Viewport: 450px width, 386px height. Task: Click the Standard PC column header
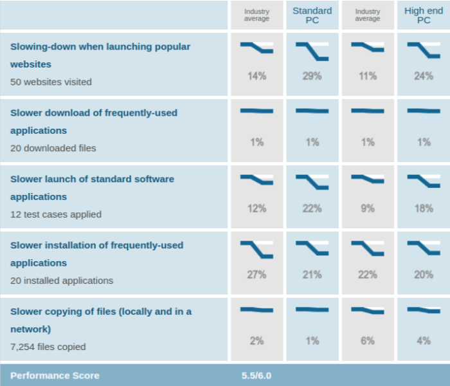pyautogui.click(x=312, y=15)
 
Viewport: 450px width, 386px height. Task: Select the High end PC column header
pyautogui.click(x=423, y=15)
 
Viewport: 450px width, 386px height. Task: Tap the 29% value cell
pyautogui.click(x=312, y=76)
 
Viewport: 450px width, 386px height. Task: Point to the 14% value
pyautogui.click(x=256, y=76)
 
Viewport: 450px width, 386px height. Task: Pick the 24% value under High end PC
pyautogui.click(x=423, y=76)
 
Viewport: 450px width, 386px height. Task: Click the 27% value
pyautogui.click(x=256, y=275)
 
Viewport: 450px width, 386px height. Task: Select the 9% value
pyautogui.click(x=368, y=208)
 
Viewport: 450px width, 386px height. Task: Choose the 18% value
pyautogui.click(x=423, y=208)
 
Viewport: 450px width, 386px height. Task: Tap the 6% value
pyautogui.click(x=368, y=341)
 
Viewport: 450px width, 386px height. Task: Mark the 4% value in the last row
pyautogui.click(x=423, y=341)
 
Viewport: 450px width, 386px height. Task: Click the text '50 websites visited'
pyautogui.click(x=51, y=82)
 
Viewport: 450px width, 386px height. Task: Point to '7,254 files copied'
pyautogui.click(x=48, y=347)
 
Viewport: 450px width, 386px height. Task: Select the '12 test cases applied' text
pyautogui.click(x=56, y=214)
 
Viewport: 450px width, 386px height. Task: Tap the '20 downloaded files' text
pyautogui.click(x=53, y=148)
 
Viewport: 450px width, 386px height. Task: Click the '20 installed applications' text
pyautogui.click(x=62, y=280)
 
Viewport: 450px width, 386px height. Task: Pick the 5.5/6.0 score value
pyautogui.click(x=256, y=375)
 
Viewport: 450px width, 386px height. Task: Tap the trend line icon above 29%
pyautogui.click(x=312, y=51)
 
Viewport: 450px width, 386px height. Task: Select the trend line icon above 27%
pyautogui.click(x=256, y=250)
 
